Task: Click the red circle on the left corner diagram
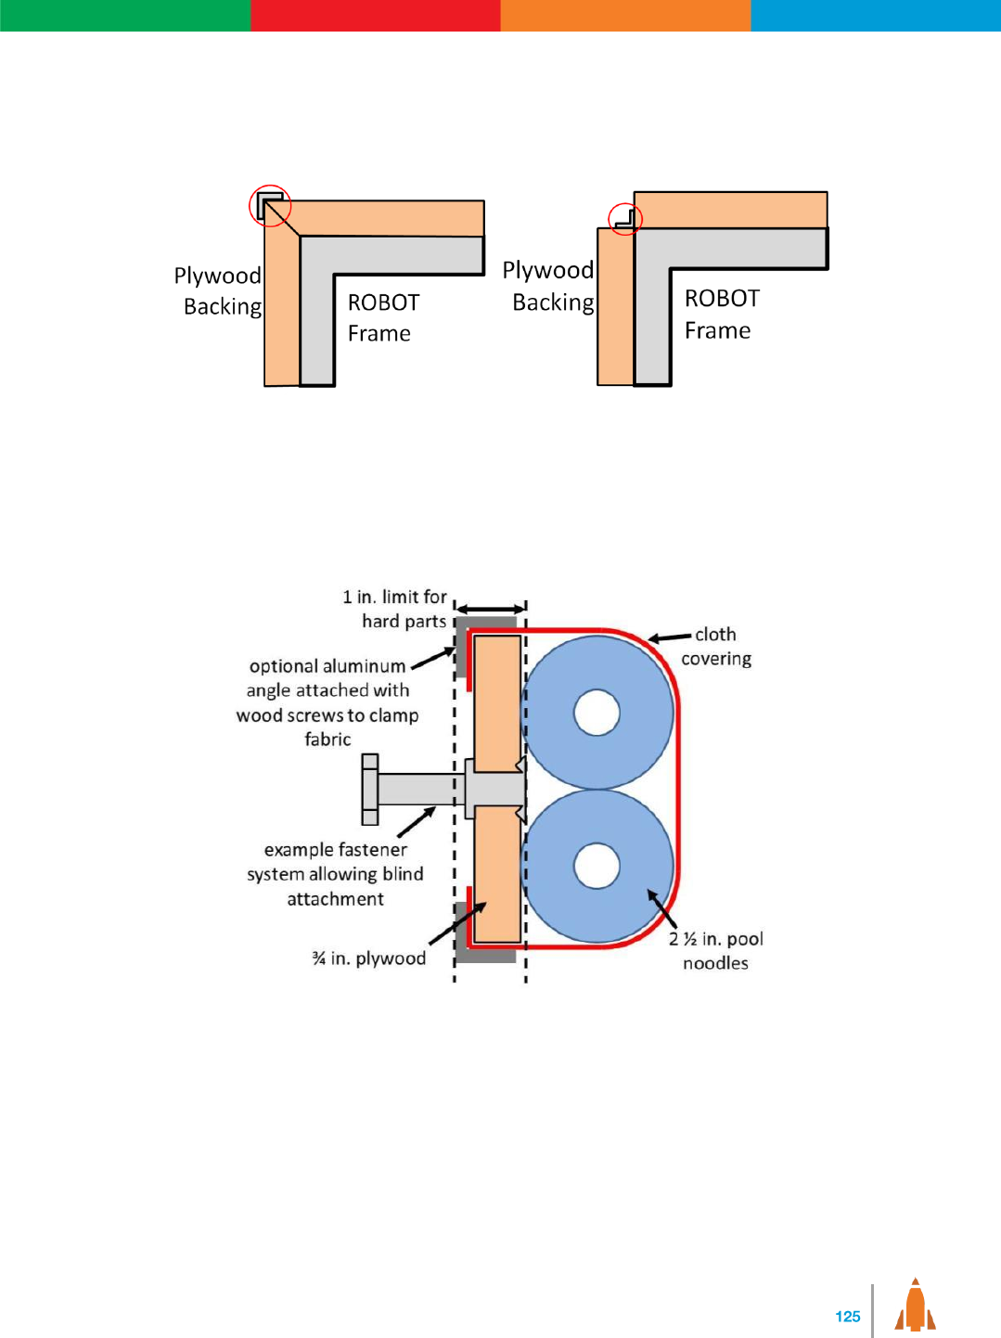270,205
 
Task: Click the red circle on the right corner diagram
625,218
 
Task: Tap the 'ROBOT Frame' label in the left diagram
383,318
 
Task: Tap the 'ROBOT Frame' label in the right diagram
722,315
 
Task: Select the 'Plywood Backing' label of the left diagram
219,290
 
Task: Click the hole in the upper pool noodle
597,714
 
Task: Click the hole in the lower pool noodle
597,866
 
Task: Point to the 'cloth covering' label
716,647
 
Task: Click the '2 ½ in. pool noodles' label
716,951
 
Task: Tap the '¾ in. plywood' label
369,958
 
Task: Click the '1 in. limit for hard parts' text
396,609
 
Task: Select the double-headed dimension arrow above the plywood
492,609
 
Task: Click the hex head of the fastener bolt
370,790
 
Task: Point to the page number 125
848,1316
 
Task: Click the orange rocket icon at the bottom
916,1306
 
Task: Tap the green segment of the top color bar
125,15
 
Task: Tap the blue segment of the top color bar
876,15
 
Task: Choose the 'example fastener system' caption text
336,874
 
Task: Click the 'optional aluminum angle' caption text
327,702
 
